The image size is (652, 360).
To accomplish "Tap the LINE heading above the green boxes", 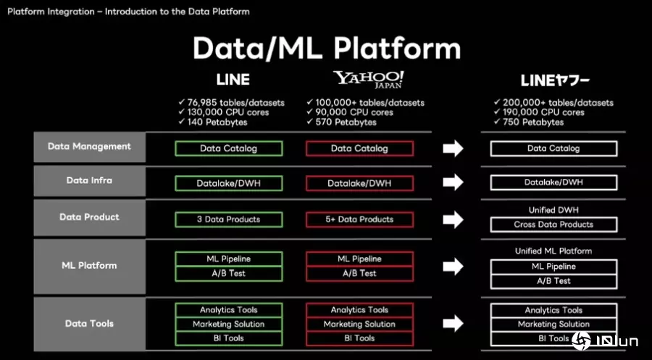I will point(233,80).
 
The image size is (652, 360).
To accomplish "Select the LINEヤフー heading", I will point(555,80).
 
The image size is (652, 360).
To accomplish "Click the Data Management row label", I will point(89,146).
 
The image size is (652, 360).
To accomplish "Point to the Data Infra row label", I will point(89,180).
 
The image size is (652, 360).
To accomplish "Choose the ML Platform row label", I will point(89,265).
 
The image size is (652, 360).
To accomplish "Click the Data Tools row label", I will point(89,323).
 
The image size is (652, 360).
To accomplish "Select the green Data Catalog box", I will point(228,148).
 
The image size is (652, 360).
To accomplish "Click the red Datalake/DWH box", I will point(359,183).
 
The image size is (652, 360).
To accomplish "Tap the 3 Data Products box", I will point(228,219).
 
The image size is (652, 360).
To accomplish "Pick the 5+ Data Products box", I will point(359,219).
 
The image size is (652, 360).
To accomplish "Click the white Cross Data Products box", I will point(553,225).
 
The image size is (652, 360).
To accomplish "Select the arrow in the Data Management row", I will point(453,148).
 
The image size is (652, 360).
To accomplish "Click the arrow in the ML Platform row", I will point(453,267).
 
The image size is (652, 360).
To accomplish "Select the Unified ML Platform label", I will point(553,251).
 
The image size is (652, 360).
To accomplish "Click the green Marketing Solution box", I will point(228,324).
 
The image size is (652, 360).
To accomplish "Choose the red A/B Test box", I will point(359,273).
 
